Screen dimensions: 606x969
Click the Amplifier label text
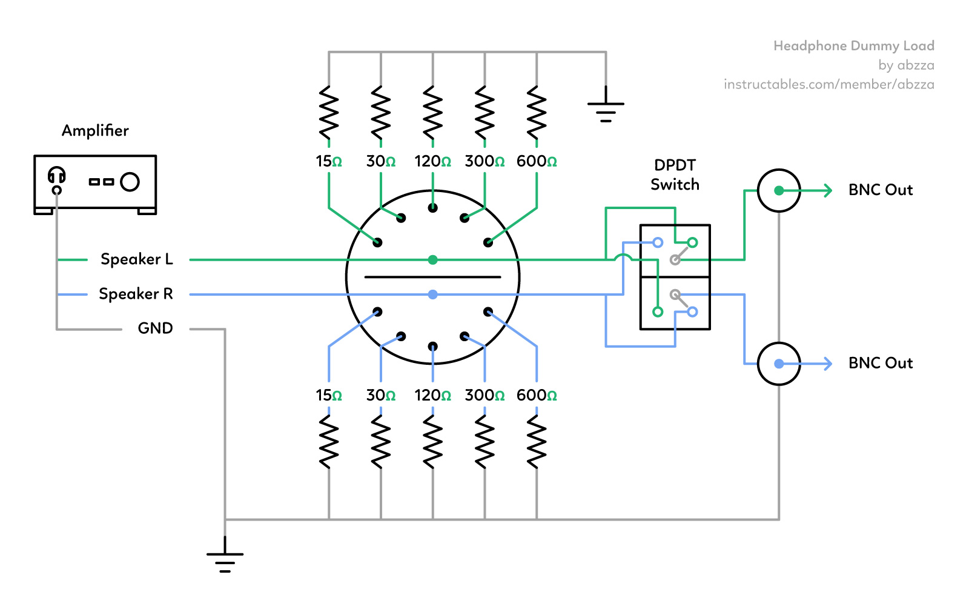click(95, 131)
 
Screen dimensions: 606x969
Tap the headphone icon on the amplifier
click(56, 176)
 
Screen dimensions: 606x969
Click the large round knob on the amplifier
click(130, 182)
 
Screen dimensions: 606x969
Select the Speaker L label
click(136, 259)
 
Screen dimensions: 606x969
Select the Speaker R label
click(136, 294)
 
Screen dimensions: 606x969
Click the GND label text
click(155, 328)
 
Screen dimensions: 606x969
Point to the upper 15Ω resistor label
click(329, 162)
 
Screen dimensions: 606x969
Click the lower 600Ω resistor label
click(537, 396)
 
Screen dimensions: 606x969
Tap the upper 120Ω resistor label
click(432, 162)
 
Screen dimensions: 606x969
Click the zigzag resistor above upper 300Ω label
click(484, 113)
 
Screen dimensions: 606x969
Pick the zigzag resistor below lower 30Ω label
click(380, 441)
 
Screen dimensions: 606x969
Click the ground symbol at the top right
click(606, 109)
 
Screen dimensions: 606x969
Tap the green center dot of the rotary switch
click(432, 260)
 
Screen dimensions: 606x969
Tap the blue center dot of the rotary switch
click(432, 295)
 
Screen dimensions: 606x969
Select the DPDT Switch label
click(675, 175)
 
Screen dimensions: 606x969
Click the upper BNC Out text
click(880, 190)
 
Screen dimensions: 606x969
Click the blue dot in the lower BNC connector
click(779, 364)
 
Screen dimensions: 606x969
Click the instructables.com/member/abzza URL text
click(828, 84)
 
